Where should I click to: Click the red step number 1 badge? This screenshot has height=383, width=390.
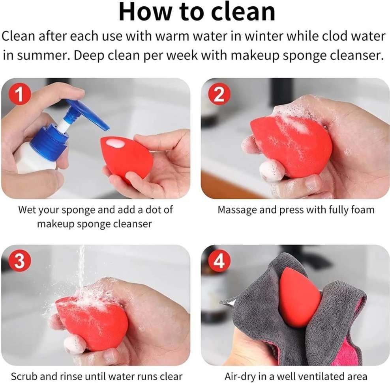coord(20,94)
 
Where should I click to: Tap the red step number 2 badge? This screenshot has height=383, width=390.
coord(219,94)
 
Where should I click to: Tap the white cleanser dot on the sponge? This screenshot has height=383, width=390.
coord(115,143)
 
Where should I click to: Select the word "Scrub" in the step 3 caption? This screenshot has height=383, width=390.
coord(24,376)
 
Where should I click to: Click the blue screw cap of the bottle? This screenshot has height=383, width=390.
coord(49,143)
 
